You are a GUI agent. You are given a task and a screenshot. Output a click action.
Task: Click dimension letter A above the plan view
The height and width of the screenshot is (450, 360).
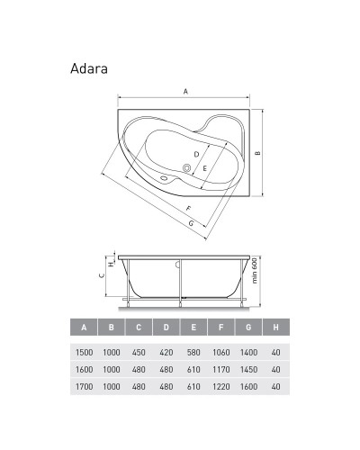[184, 92]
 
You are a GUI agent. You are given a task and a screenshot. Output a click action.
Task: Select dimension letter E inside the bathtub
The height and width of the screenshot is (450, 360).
[205, 168]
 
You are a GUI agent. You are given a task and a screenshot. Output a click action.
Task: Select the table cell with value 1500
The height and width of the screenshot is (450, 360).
[84, 352]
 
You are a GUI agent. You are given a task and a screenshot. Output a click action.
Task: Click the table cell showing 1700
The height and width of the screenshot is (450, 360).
[84, 386]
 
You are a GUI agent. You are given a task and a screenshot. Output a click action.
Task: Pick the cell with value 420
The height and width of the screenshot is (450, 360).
[166, 352]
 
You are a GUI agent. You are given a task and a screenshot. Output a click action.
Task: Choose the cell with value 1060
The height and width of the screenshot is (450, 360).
[220, 352]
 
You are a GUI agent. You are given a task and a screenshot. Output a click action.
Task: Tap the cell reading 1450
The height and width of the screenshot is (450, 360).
[247, 369]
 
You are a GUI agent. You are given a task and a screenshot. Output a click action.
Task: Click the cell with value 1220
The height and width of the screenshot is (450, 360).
[220, 386]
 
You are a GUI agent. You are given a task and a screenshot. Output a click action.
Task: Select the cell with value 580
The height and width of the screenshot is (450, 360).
[193, 352]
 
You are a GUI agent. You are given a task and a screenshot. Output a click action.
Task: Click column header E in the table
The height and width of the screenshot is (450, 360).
[193, 327]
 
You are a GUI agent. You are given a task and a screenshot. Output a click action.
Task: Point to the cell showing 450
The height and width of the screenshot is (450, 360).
[139, 352]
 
